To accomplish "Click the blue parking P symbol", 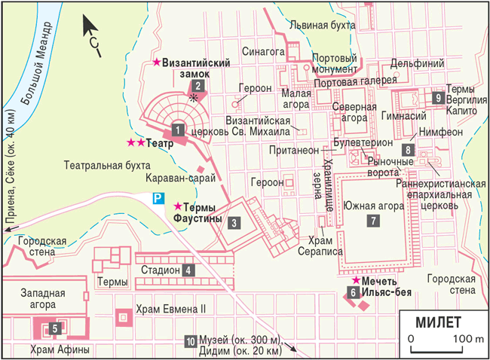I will (158, 199).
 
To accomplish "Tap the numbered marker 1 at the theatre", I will (178, 130).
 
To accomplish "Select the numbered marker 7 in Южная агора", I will (372, 221).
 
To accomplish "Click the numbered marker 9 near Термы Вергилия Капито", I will (438, 97).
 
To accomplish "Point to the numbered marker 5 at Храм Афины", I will (54, 328).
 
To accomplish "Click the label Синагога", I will (262, 52).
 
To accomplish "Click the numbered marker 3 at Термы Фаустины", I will (235, 222).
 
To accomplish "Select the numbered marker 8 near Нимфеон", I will (408, 149).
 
